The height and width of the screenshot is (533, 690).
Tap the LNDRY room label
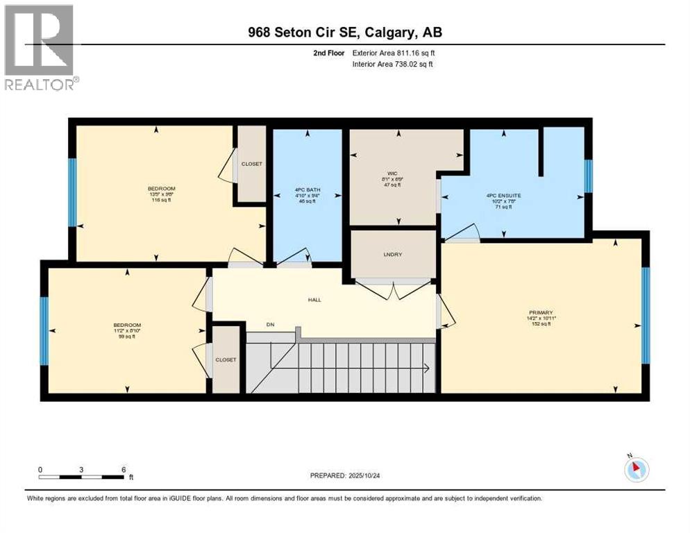(x=394, y=254)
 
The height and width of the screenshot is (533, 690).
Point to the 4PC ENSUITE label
(x=503, y=196)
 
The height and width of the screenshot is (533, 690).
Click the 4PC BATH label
(x=306, y=189)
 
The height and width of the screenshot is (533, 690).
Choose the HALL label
(x=315, y=300)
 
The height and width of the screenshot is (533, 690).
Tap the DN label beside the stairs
(x=271, y=324)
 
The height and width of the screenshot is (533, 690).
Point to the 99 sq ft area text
(x=127, y=337)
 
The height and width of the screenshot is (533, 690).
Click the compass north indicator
(x=636, y=469)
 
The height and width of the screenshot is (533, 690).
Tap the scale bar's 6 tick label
(x=123, y=469)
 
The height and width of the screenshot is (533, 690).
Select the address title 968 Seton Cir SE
(x=344, y=32)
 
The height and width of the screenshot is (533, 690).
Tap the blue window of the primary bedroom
(x=645, y=315)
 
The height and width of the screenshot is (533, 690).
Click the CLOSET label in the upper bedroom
(x=251, y=164)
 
